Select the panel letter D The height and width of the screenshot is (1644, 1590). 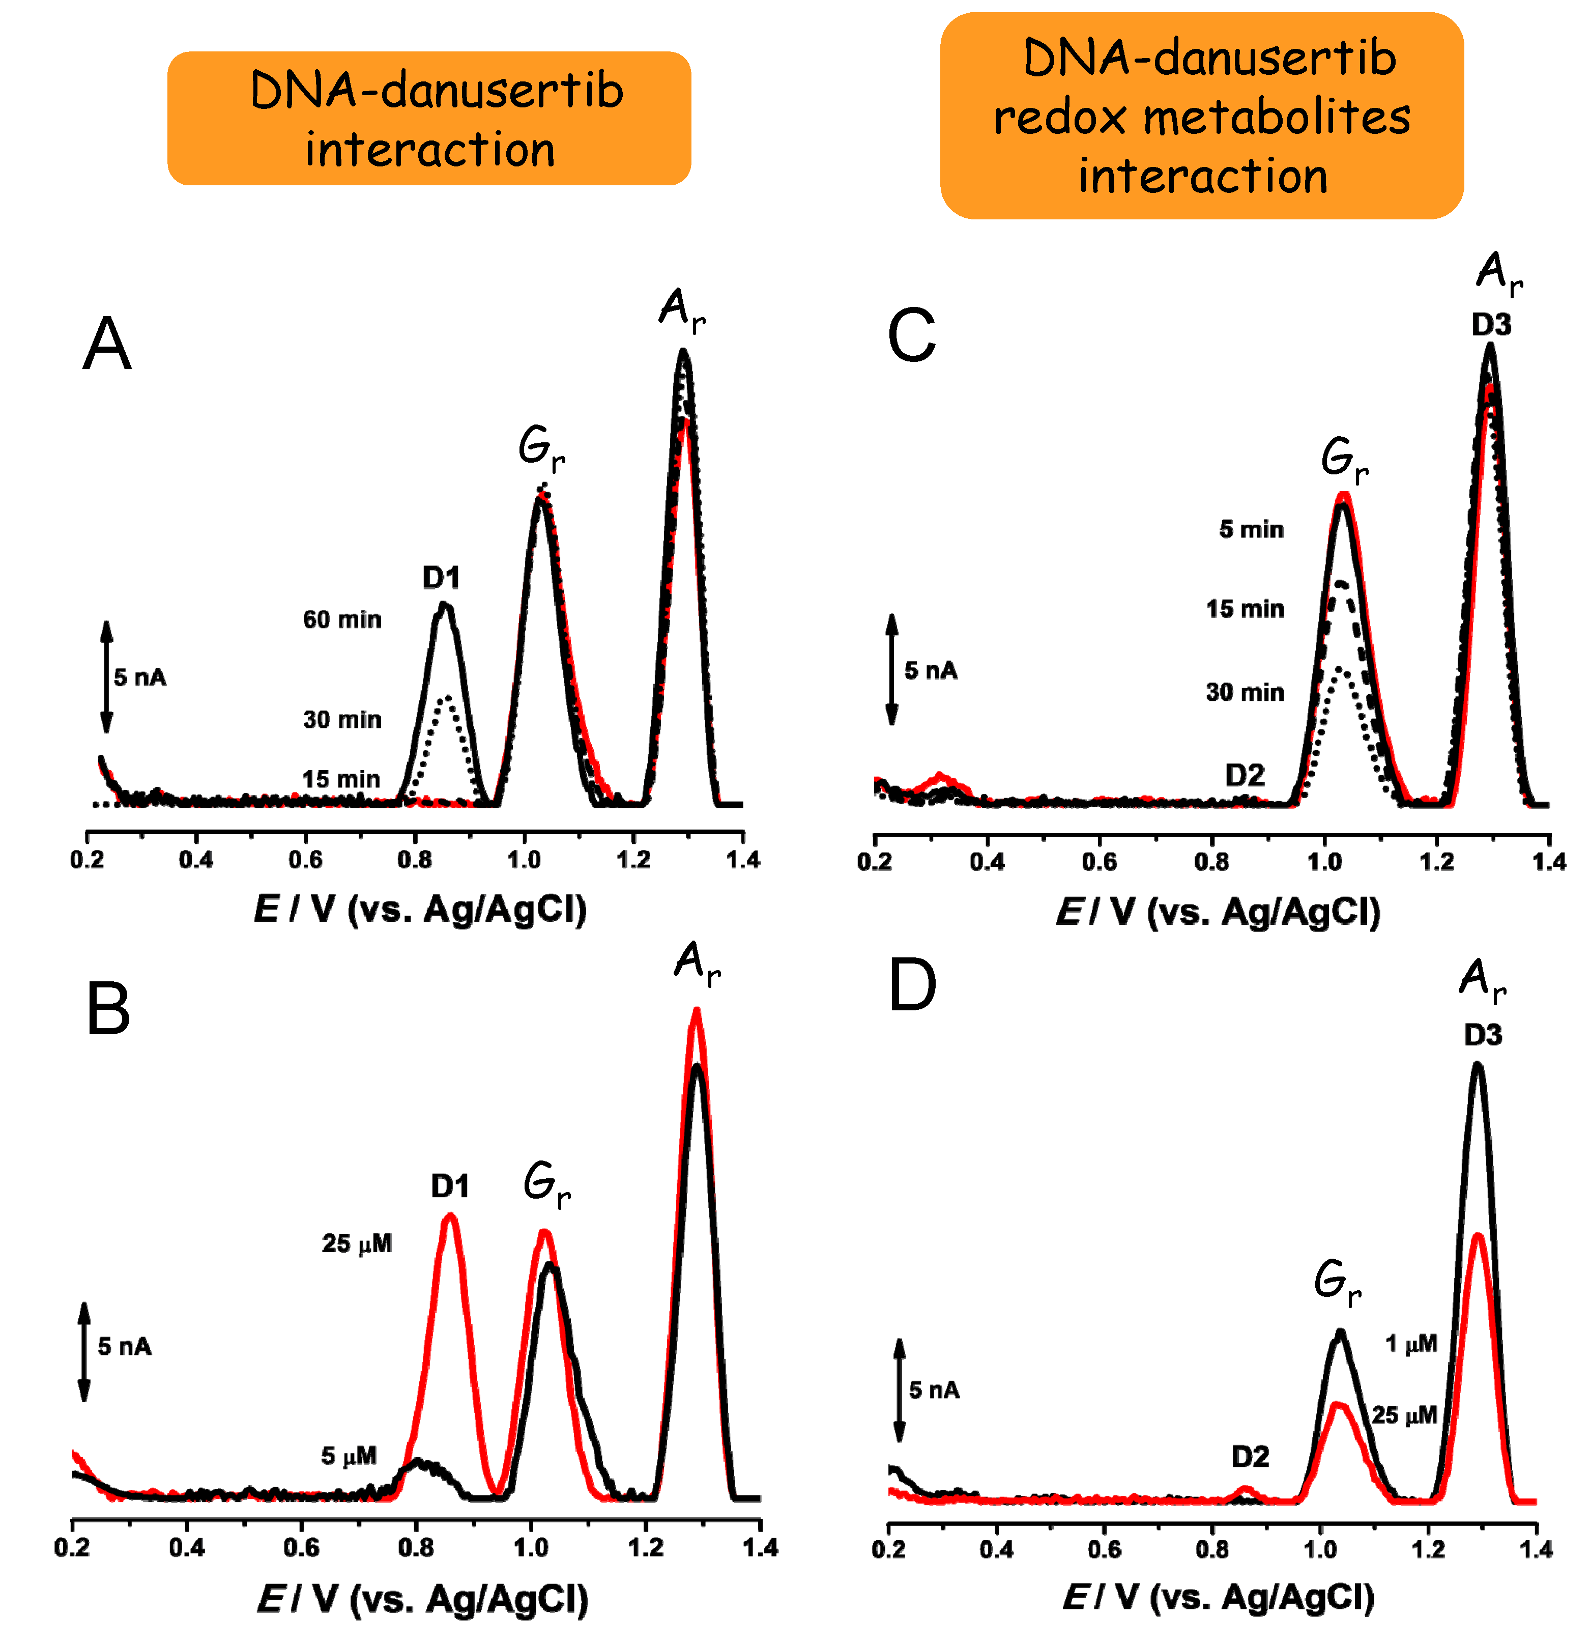tap(912, 986)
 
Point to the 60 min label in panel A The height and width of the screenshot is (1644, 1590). tap(342, 620)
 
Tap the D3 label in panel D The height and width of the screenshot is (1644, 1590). tap(1483, 1035)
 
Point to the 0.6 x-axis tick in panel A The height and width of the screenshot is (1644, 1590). tap(305, 860)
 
